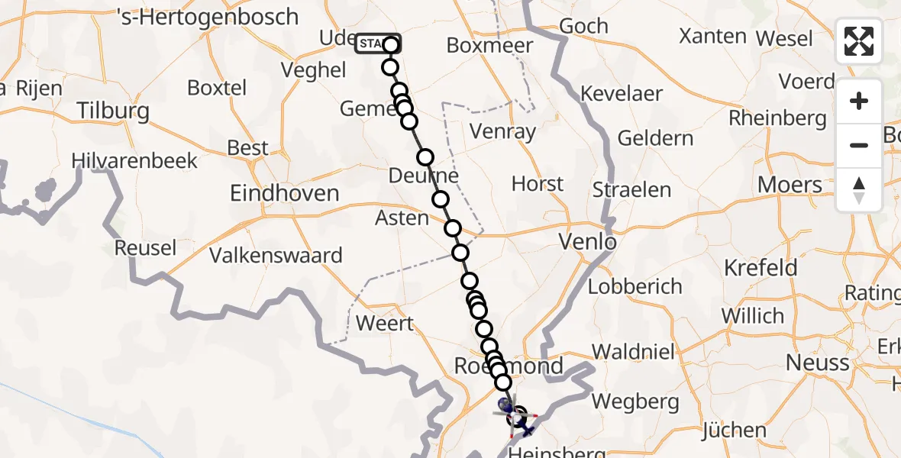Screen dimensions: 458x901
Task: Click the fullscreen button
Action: [x=859, y=41]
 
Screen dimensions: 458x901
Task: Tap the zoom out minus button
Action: [x=859, y=145]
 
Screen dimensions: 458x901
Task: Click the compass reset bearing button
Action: [x=859, y=190]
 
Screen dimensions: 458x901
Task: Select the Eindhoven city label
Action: [x=285, y=193]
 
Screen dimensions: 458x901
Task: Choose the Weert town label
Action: [x=385, y=323]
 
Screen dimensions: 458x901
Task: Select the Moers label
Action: [x=790, y=185]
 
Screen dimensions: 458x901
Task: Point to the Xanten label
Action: [x=712, y=36]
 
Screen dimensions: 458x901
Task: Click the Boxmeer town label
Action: [x=489, y=46]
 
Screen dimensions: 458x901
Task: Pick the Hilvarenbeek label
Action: [x=134, y=161]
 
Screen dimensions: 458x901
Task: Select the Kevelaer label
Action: [x=622, y=94]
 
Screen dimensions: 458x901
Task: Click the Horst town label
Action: [x=538, y=184]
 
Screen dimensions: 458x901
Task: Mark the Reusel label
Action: [x=145, y=248]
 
